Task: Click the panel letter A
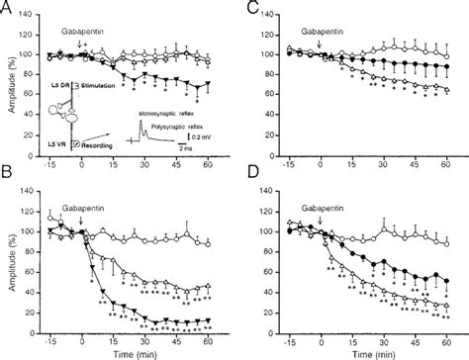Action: point(9,9)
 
